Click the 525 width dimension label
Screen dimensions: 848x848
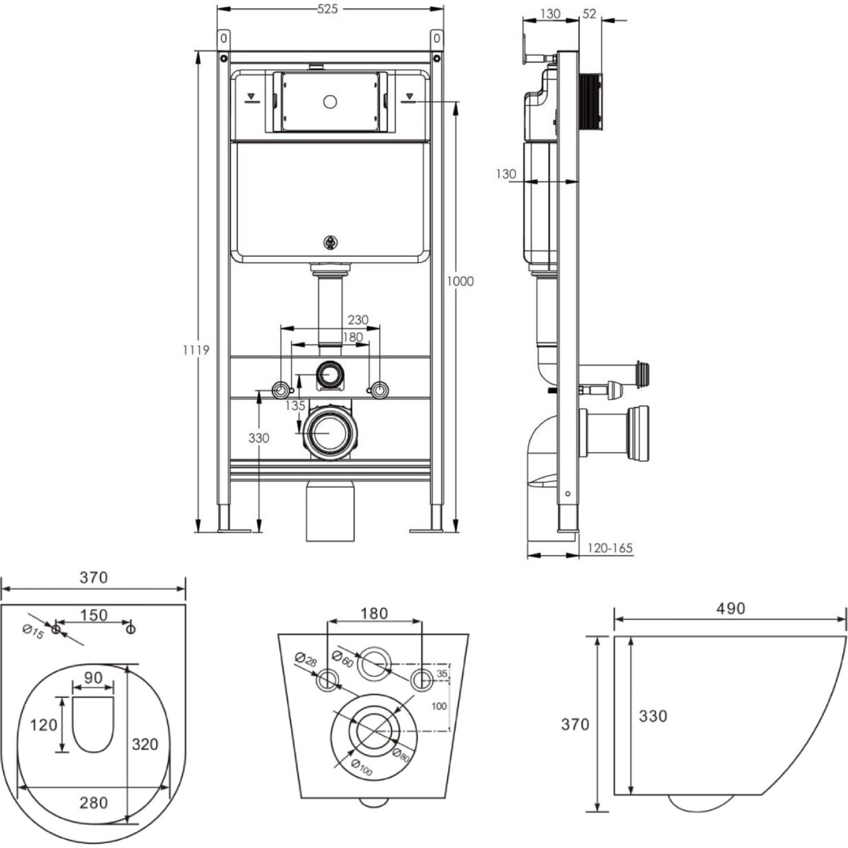point(327,9)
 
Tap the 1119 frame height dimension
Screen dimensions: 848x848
point(197,350)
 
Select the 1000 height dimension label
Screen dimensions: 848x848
point(460,282)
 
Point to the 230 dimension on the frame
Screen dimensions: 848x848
point(358,320)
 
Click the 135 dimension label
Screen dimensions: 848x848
point(295,406)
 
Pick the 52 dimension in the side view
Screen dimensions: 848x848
point(589,14)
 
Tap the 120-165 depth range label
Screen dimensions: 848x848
point(610,548)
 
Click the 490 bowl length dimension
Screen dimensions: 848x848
point(730,608)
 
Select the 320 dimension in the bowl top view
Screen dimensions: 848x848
point(145,744)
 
